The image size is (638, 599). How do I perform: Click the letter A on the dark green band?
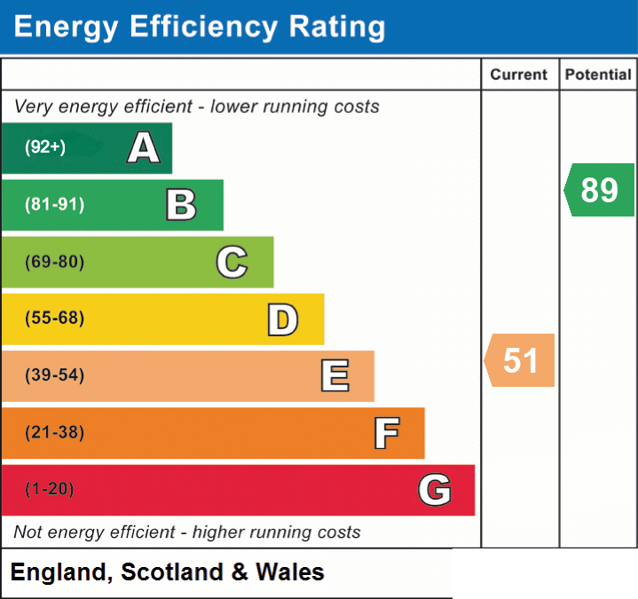pos(144,147)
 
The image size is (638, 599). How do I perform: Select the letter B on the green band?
pos(182,205)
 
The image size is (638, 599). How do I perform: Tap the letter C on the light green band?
pos(232,262)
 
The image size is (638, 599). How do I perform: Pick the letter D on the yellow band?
pos(283,319)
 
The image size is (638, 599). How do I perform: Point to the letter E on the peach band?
pos(335,375)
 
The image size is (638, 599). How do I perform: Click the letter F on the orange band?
pos(387,433)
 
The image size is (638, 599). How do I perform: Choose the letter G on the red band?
pos(435,490)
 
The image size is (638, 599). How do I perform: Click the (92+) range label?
pos(45,146)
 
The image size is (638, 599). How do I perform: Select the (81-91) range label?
pos(54,204)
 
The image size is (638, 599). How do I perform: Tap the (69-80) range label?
pos(54,262)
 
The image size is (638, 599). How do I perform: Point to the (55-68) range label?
pos(54,318)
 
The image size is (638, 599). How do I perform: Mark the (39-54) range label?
pos(54,374)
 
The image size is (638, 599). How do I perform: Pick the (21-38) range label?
pos(54,432)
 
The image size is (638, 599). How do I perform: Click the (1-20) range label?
pos(50,489)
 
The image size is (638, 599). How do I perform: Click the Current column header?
pos(519,75)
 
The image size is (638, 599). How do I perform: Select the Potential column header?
pos(598,75)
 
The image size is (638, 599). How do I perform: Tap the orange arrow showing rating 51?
pos(519,360)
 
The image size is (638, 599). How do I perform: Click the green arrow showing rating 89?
pos(599,190)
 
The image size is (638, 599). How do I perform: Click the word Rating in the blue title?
pos(337,27)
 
